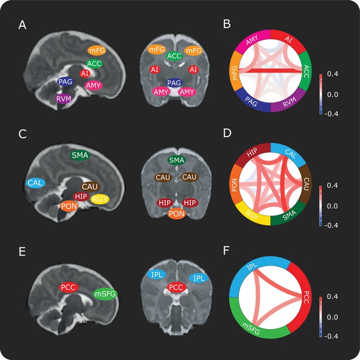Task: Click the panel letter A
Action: coord(22,25)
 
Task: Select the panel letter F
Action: coord(226,251)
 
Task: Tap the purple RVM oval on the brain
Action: coord(64,99)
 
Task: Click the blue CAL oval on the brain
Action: coord(36,183)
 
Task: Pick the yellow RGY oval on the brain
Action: coord(100,200)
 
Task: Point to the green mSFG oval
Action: coord(106,294)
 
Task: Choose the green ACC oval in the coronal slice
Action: coord(174,56)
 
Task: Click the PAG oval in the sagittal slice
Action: coord(65,82)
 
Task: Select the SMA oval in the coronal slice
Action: coord(177,160)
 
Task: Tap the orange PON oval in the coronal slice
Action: coord(177,214)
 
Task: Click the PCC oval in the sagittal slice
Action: coord(69,288)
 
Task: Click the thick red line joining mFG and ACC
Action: coord(271,71)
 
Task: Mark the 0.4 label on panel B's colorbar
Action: coord(333,74)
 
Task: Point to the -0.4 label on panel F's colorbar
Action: coord(331,336)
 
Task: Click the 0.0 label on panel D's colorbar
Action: coord(333,206)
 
